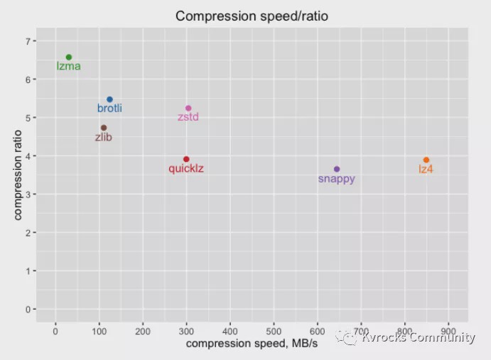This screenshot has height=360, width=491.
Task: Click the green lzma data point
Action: (x=69, y=58)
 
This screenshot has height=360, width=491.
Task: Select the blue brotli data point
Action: (x=109, y=99)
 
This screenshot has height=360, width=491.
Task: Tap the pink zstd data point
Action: (x=188, y=108)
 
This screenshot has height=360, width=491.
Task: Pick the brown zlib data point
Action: (x=104, y=128)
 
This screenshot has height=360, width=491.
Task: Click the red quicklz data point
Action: (x=186, y=159)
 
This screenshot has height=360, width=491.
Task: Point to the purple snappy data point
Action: (x=337, y=169)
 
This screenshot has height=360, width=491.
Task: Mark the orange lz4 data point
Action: (x=426, y=160)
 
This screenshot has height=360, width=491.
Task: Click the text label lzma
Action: (x=69, y=67)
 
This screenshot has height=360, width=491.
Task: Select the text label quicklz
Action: (x=186, y=169)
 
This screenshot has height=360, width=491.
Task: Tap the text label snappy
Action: (x=337, y=179)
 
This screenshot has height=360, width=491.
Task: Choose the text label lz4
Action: (x=426, y=169)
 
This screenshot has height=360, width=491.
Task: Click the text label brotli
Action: (x=109, y=109)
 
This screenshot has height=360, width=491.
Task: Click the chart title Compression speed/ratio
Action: (x=252, y=16)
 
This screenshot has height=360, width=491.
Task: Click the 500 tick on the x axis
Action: (x=274, y=331)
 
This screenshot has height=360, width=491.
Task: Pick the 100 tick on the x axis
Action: (x=99, y=331)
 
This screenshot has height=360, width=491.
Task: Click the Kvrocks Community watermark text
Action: (x=417, y=338)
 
